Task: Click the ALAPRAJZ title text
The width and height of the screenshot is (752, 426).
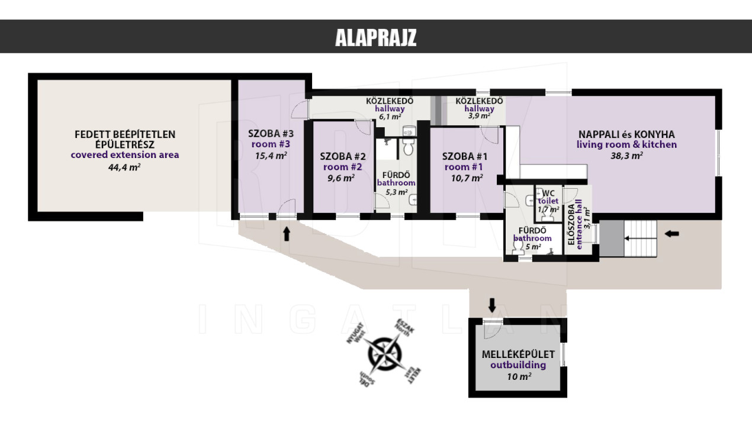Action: [375, 37]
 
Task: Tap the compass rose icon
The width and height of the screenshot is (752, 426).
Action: [384, 353]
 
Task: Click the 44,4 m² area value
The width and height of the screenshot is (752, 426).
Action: [124, 167]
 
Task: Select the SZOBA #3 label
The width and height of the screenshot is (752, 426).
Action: [271, 134]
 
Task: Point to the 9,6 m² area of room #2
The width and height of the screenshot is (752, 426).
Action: [341, 177]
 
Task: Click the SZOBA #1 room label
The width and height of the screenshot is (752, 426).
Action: [464, 156]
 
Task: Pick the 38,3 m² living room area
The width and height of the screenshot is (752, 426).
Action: [626, 156]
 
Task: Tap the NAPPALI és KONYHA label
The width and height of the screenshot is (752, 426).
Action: [626, 134]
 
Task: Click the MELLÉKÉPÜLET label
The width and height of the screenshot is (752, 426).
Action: [518, 354]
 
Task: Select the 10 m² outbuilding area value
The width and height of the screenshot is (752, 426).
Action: [519, 377]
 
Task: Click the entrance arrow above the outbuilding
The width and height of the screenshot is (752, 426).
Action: [492, 305]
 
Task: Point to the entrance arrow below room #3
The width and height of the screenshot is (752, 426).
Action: [287, 234]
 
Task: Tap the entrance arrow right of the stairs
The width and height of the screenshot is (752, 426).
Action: [671, 234]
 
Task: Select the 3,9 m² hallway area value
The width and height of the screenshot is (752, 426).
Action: [480, 116]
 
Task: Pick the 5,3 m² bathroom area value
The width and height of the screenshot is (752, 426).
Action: [397, 192]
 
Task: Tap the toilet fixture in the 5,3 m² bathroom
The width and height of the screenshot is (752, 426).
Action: [408, 147]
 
